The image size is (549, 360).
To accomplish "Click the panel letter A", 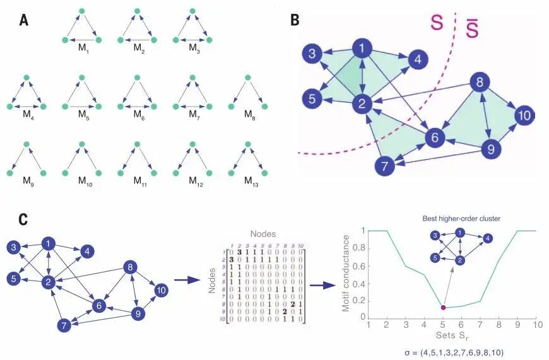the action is click(24, 20).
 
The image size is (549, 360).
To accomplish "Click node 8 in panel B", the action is click(480, 83).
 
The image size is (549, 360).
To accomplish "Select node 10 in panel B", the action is click(524, 115).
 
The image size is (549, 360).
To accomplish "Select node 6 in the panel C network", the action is click(98, 305).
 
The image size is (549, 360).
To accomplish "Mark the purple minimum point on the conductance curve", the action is click(443, 307).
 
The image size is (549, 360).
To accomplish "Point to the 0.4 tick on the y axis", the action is click(357, 282).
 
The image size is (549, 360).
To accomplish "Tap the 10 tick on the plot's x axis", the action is click(536, 325).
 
